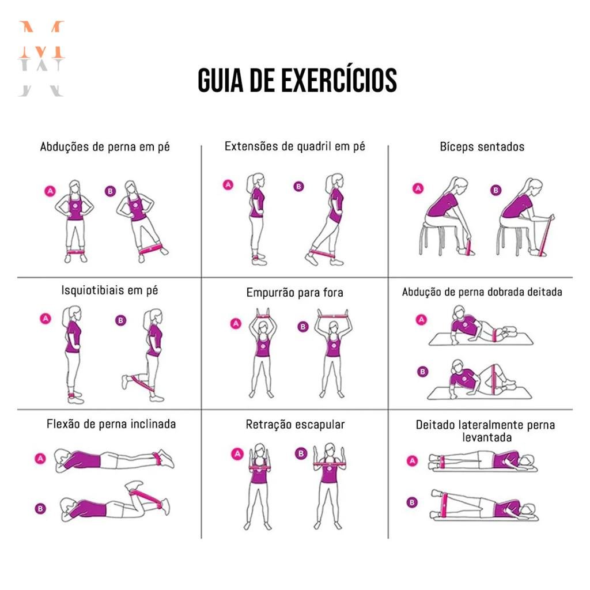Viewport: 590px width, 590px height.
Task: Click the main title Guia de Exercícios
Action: coord(297,80)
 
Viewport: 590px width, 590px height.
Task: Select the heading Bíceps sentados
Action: coord(482,146)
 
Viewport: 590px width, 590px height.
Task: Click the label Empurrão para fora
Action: coord(294,293)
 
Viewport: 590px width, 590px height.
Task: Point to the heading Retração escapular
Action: coord(295,425)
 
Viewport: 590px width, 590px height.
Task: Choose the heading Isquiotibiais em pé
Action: coord(109,290)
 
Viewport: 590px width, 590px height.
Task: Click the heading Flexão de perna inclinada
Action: coord(111,425)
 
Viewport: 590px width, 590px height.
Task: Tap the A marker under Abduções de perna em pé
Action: coord(50,192)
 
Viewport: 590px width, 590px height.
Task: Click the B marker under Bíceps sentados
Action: coord(496,190)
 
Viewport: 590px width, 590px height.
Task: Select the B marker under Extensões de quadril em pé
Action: coord(298,186)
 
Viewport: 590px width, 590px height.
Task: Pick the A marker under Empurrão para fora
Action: coord(235,323)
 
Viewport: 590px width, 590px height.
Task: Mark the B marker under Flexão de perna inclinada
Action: coord(40,508)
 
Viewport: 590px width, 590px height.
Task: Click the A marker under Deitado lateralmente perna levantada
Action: coord(412,460)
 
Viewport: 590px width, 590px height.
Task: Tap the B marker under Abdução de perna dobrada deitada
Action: coord(423,372)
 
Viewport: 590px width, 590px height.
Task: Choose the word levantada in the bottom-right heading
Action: coord(486,438)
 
